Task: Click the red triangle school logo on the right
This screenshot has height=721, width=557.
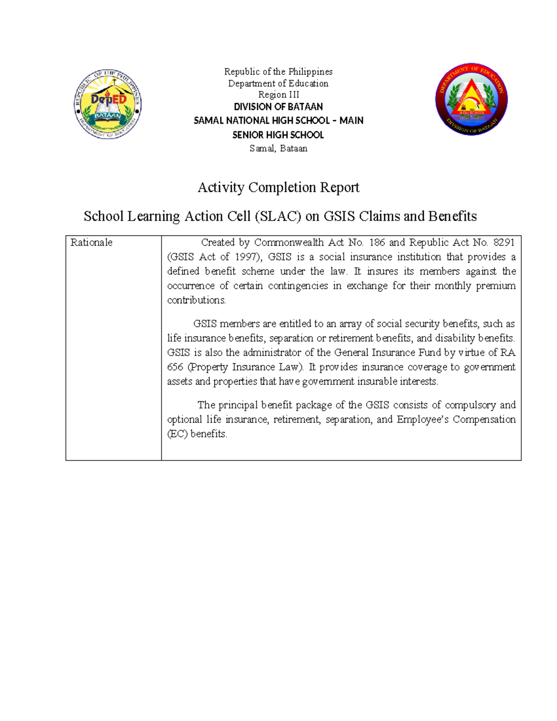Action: click(x=471, y=99)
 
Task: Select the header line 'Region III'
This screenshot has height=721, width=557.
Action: click(x=278, y=95)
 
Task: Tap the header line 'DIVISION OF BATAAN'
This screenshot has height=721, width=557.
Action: click(x=278, y=107)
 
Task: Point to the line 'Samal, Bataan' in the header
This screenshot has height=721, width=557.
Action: click(x=278, y=149)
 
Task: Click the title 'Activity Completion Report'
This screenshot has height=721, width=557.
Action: click(x=278, y=188)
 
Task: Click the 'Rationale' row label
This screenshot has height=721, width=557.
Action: click(x=91, y=243)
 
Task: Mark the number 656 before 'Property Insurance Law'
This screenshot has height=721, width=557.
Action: click(x=175, y=367)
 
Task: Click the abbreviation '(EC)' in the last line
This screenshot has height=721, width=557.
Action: click(x=177, y=434)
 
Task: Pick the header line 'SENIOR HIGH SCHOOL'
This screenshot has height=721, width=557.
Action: click(x=278, y=135)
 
